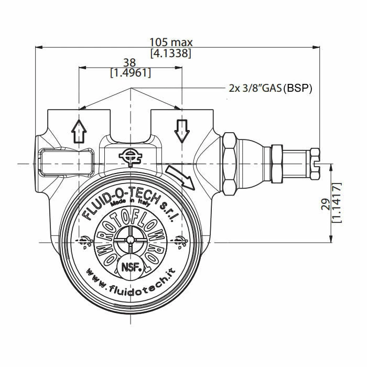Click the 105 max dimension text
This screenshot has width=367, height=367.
click(x=171, y=42)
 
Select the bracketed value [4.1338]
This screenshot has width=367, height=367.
click(x=171, y=53)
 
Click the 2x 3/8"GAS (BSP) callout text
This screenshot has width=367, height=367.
click(x=270, y=88)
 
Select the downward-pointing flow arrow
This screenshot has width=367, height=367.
click(x=181, y=131)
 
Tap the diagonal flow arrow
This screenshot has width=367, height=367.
click(x=179, y=177)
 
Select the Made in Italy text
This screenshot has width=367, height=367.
click(x=130, y=209)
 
